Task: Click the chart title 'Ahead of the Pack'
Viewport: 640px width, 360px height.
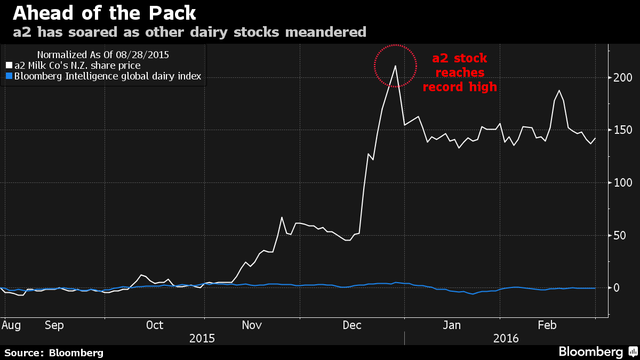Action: pyautogui.click(x=103, y=13)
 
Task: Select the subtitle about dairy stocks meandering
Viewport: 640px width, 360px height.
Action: pyautogui.click(x=189, y=32)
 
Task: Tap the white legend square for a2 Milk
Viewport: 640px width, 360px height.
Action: pyautogui.click(x=8, y=65)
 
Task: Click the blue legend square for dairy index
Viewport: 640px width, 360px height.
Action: pyautogui.click(x=8, y=76)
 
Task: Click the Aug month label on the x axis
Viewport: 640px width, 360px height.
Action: pyautogui.click(x=11, y=325)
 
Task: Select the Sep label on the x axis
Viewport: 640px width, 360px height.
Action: pyautogui.click(x=54, y=325)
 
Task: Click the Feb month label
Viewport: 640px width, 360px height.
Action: pyautogui.click(x=547, y=325)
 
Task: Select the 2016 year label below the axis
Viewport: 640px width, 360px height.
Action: pyautogui.click(x=506, y=338)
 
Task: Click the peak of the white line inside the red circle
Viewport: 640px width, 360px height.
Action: pyautogui.click(x=395, y=66)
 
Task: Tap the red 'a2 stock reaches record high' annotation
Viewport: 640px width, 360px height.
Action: pyautogui.click(x=460, y=73)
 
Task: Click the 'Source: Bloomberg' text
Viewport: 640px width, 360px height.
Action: pyautogui.click(x=54, y=353)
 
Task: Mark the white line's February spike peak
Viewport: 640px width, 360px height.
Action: pyautogui.click(x=558, y=91)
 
